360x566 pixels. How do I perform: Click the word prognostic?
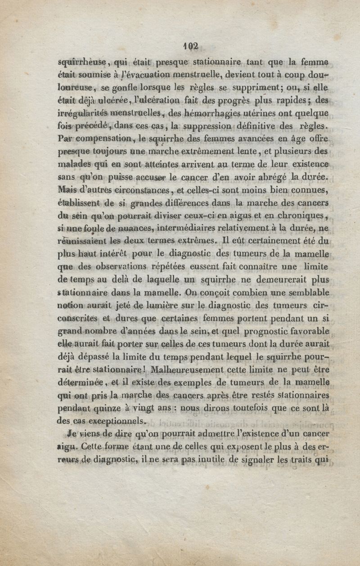click(259, 333)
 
